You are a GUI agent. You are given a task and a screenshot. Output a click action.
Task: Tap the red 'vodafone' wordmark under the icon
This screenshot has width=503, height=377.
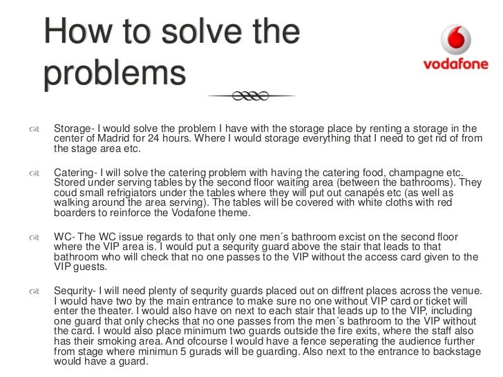point(456,66)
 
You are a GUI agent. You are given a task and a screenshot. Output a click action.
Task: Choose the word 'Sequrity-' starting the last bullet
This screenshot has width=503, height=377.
point(77,291)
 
